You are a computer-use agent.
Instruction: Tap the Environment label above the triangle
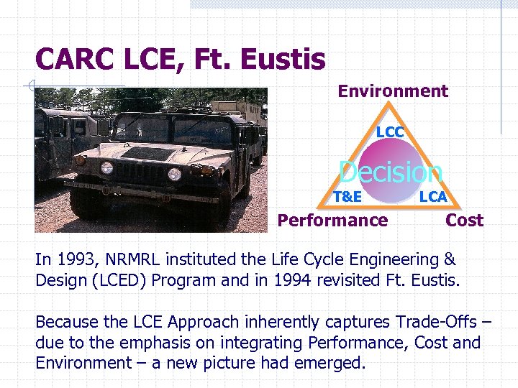point(393,91)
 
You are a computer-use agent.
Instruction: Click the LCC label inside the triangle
point(390,132)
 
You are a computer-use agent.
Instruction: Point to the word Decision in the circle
point(391,172)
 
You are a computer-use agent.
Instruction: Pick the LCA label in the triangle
point(433,196)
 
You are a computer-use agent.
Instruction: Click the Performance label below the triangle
point(332,221)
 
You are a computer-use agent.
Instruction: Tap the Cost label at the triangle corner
point(464,221)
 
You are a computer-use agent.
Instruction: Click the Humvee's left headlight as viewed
point(106,169)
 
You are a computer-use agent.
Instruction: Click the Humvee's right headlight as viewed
point(174,173)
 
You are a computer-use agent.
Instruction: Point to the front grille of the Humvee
point(140,173)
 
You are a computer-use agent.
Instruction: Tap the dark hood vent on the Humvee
point(147,152)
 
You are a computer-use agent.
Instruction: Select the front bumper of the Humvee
point(137,193)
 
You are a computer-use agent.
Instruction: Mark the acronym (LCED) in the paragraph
point(119,280)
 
